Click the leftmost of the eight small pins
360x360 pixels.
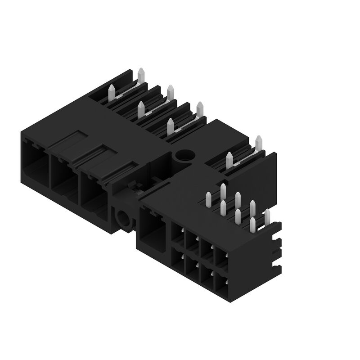(x=208, y=200)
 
